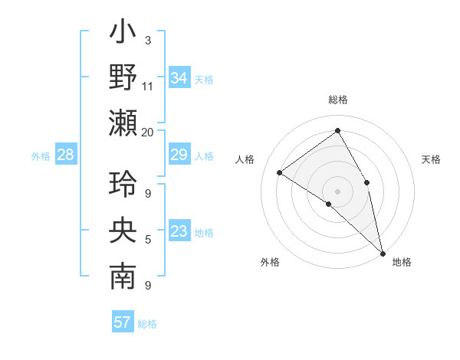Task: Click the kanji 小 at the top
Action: coord(123,34)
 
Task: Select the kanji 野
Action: coord(123,78)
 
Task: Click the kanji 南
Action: coord(123,277)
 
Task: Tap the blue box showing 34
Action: coord(179,78)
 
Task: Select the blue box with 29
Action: coord(179,155)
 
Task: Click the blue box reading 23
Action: coord(179,231)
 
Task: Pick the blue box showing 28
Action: coord(66,155)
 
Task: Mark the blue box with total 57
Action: coord(122,322)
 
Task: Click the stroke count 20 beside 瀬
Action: coord(148,132)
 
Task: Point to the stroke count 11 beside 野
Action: coord(148,86)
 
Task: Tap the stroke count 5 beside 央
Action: coord(148,240)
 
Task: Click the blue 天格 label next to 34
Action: coord(204,79)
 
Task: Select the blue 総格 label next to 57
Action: coord(147,323)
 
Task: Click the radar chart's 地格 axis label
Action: coord(402,262)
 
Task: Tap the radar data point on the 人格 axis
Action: coord(279,172)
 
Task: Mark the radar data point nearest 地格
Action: coord(383,253)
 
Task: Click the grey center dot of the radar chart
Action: coord(337,191)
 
